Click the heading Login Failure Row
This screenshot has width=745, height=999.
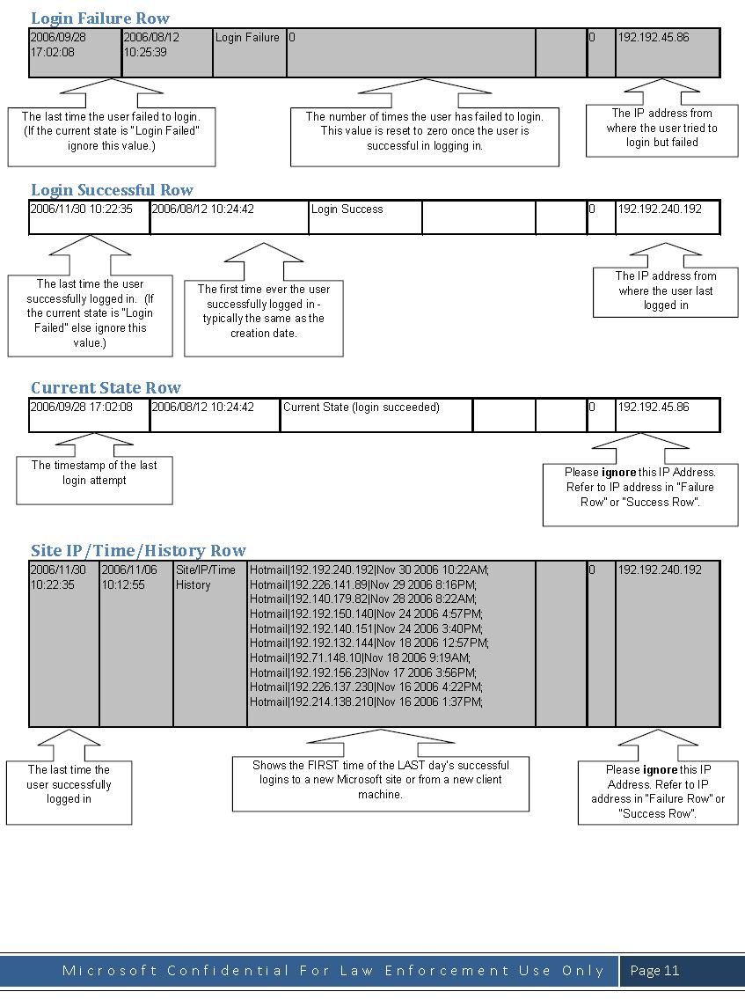coord(99,18)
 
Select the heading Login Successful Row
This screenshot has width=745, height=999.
coord(112,189)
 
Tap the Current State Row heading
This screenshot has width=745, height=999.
coord(106,387)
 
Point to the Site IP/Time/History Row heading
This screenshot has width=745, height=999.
coord(138,550)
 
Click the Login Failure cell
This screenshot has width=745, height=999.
coord(247,38)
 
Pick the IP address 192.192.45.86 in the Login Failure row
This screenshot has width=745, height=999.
coord(654,38)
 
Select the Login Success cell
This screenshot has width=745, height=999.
coord(347,209)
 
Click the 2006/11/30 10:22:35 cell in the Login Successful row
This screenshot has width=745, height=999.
coord(81,209)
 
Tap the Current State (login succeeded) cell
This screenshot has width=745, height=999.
coord(362,408)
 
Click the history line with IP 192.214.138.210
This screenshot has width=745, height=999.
coord(366,702)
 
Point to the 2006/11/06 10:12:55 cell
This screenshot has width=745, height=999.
coord(129,577)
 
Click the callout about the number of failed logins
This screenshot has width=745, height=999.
coord(424,130)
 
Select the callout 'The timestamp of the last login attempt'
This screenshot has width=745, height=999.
coord(94,473)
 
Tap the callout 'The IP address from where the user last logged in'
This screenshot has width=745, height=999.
coord(665,290)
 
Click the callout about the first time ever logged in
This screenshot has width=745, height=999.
coord(263,311)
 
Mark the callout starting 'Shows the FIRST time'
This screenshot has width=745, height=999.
coord(380,780)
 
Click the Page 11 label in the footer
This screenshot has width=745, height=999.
coord(654,971)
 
